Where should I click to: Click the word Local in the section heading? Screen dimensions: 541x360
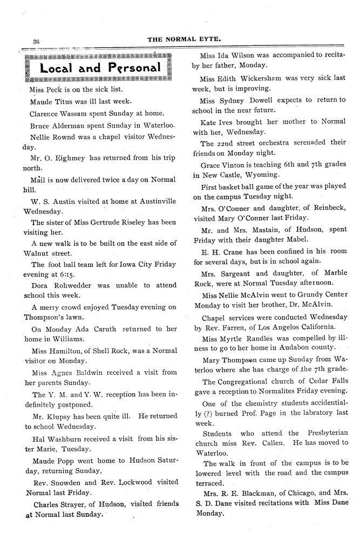[x=55, y=69]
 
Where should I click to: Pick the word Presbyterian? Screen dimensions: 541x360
[x=324, y=433]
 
